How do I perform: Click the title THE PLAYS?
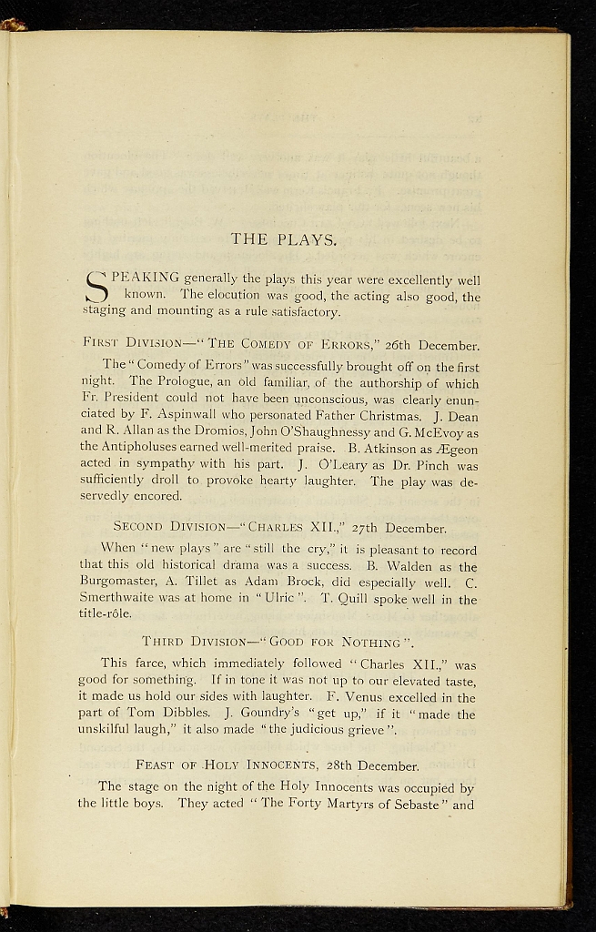(x=284, y=240)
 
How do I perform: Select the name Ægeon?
(x=457, y=450)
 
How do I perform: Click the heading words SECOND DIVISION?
(x=168, y=528)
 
